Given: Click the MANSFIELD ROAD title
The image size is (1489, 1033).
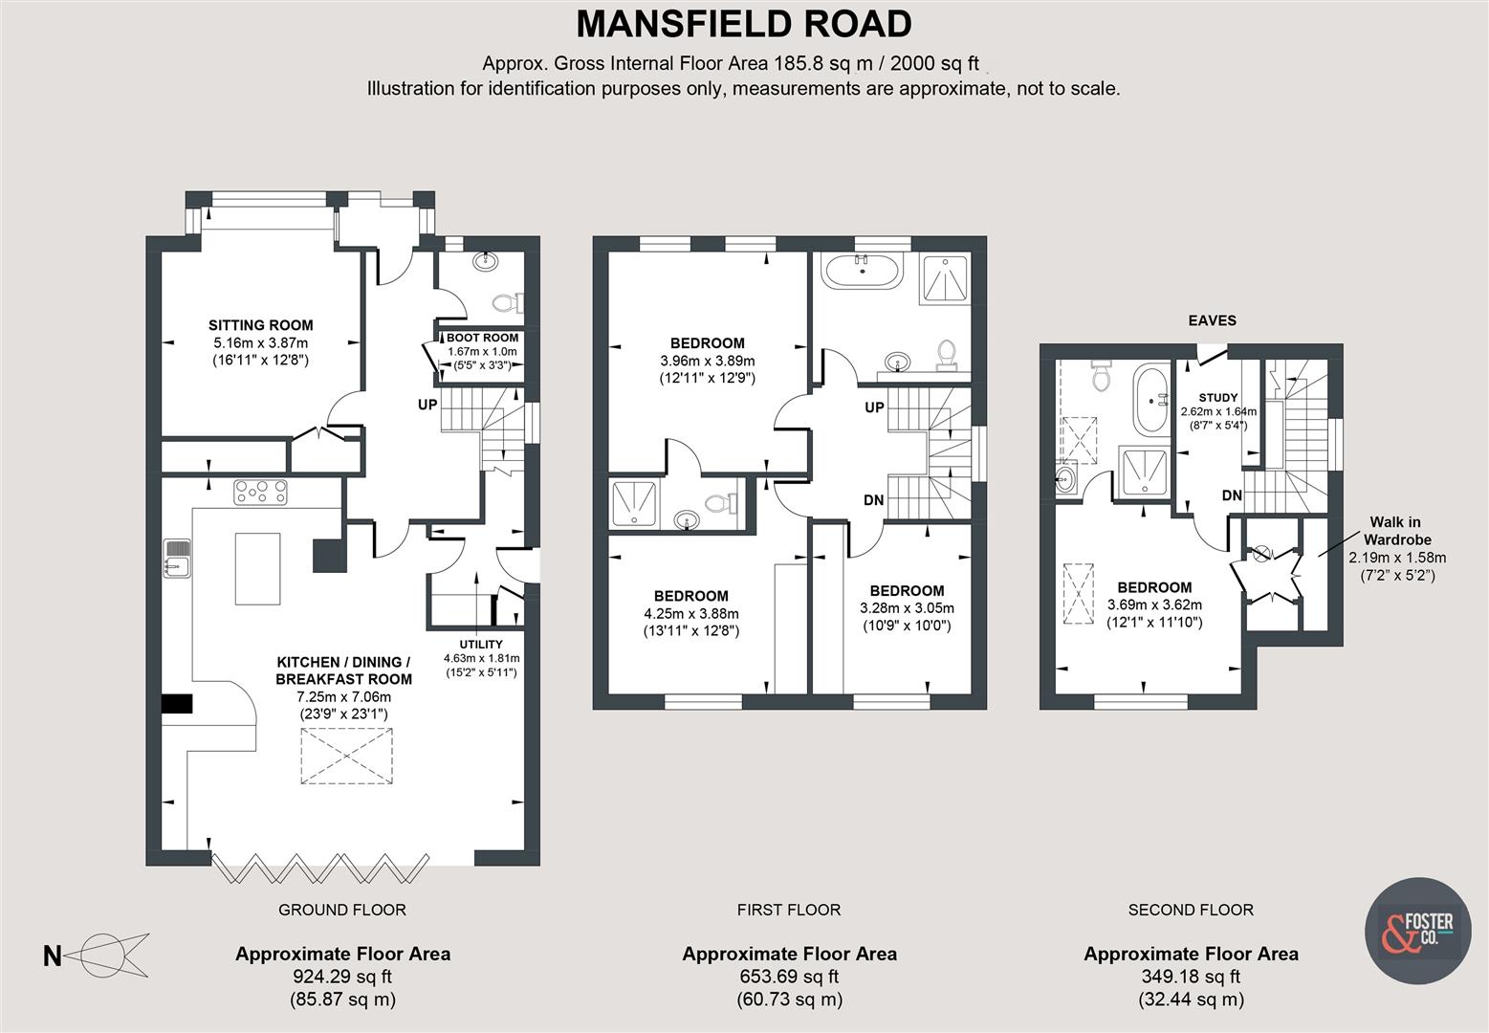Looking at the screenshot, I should (x=743, y=23).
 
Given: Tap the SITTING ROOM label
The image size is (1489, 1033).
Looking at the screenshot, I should (x=260, y=325).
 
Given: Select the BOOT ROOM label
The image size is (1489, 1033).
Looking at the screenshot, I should (x=482, y=338).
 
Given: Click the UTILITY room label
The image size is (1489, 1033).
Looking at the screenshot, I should (x=480, y=644).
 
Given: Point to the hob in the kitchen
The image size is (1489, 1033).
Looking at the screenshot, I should (x=261, y=492).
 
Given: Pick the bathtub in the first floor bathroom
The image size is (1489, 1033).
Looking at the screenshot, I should (x=864, y=271).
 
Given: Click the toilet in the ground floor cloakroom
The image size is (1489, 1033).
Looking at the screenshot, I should (x=504, y=303).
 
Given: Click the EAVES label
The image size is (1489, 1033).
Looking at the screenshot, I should (x=1212, y=320).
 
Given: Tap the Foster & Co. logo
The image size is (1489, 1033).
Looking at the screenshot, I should (x=1418, y=929).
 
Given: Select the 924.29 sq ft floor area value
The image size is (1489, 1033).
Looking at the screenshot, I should (x=342, y=977).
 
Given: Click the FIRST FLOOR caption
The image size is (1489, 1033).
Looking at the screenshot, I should (x=788, y=910).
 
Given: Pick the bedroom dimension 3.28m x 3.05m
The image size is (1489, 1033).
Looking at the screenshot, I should (x=906, y=608).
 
